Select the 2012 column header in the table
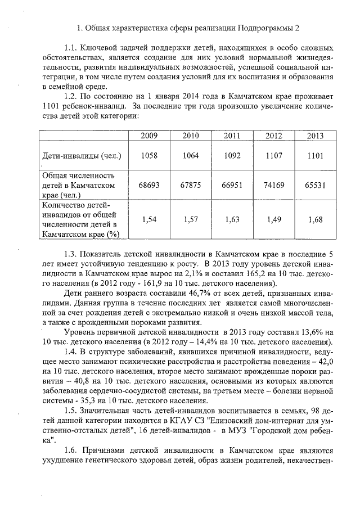pyautogui.click(x=273, y=136)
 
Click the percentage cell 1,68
pyautogui.click(x=316, y=220)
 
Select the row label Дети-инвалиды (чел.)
pyautogui.click(x=82, y=155)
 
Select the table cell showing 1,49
pyautogui.click(x=273, y=220)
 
